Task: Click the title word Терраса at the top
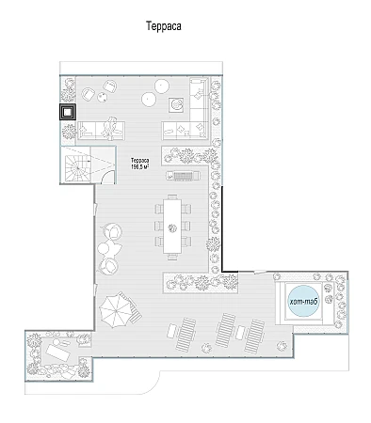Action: (164, 26)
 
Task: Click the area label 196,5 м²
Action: (139, 166)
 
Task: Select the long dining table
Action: (172, 227)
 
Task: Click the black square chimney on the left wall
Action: (68, 112)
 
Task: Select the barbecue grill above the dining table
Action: (183, 176)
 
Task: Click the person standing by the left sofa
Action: (111, 129)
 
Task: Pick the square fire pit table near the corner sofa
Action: (176, 105)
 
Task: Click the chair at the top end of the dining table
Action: (172, 196)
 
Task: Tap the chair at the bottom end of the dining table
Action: (172, 257)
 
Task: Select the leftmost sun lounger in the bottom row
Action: (185, 334)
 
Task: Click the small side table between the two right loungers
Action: (241, 333)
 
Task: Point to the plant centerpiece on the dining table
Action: (172, 227)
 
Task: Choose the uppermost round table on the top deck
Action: (162, 86)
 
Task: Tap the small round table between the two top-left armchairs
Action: (102, 98)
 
